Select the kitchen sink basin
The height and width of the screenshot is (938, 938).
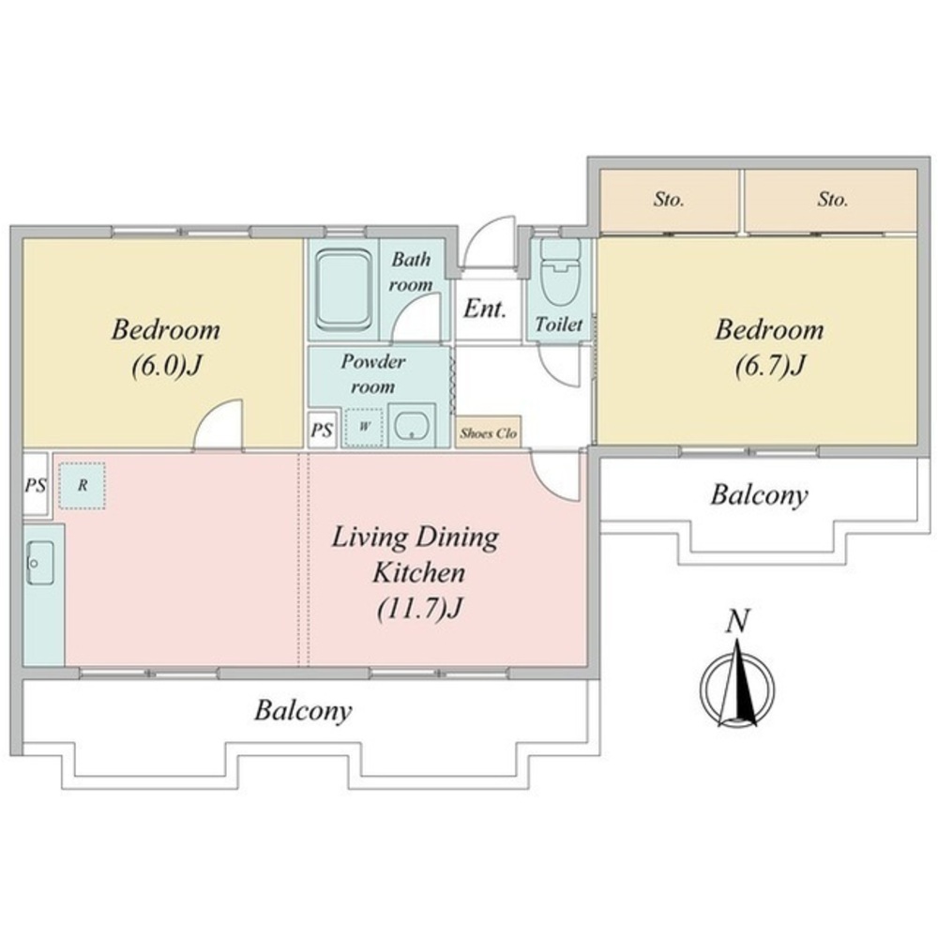(40, 563)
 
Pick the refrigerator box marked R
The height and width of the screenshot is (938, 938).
(82, 486)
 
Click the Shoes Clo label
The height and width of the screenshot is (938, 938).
(488, 433)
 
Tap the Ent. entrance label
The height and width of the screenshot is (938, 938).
(485, 309)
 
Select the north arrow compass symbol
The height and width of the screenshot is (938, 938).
(737, 685)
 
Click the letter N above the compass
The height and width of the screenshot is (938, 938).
(737, 621)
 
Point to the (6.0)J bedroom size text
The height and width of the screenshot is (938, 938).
(165, 366)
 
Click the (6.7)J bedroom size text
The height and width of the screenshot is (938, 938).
(769, 366)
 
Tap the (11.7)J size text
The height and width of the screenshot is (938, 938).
(419, 609)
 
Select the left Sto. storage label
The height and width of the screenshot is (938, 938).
(668, 199)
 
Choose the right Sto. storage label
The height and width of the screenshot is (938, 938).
(833, 199)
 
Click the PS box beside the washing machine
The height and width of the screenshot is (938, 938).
(322, 430)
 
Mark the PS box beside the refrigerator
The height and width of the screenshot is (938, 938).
(36, 485)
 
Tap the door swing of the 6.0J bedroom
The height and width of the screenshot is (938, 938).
(219, 423)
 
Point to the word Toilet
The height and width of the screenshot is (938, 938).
(559, 325)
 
